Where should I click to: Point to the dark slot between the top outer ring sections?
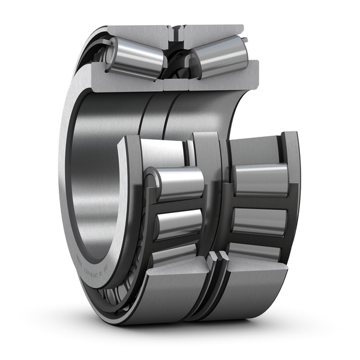176,34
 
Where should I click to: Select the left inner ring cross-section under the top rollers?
129,83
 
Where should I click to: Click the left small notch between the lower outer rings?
213,257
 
